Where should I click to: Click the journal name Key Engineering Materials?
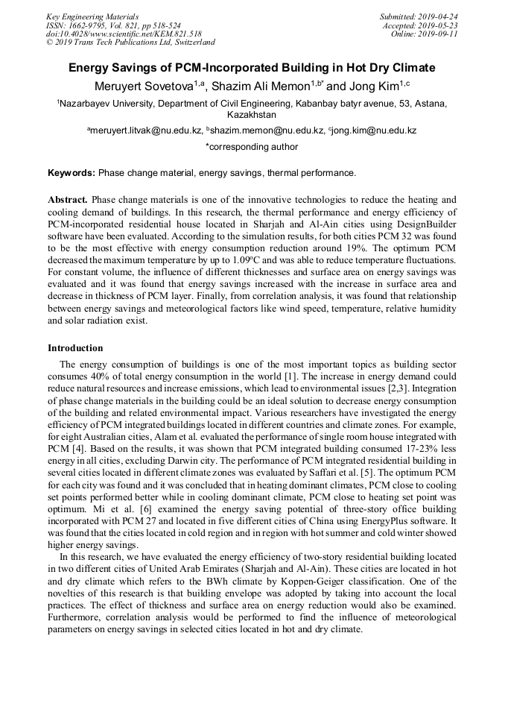pyautogui.click(x=92, y=16)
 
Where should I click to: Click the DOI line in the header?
pyautogui.click(x=124, y=34)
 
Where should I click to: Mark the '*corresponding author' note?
pyautogui.click(x=252, y=147)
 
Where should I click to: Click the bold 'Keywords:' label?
pyautogui.click(x=72, y=173)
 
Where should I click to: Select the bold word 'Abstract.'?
pyautogui.click(x=68, y=201)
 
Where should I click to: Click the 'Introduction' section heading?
pyautogui.click(x=75, y=347)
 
